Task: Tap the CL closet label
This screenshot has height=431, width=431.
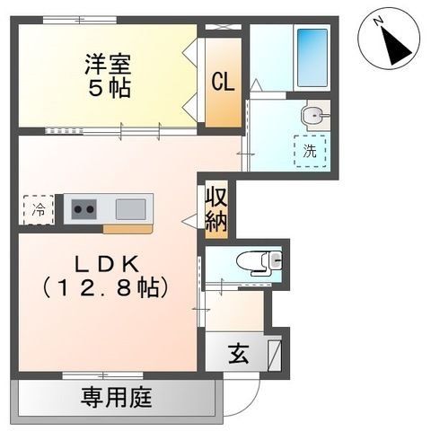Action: pos(223,81)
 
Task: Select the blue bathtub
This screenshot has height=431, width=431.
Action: pos(311,57)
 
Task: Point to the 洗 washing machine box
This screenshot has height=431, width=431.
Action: pos(309,150)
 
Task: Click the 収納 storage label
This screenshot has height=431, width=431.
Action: pos(215,209)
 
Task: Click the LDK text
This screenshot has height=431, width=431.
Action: pos(105,267)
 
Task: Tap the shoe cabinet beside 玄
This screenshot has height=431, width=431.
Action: pos(274,353)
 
